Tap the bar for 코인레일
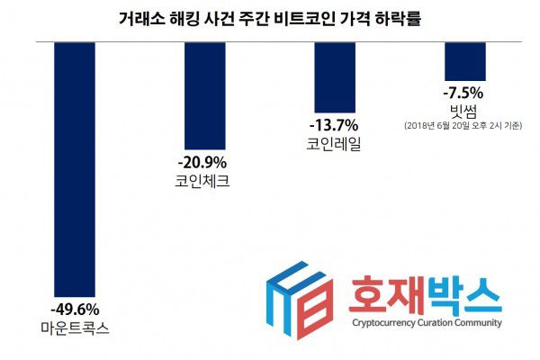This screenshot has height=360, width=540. coord(334,76)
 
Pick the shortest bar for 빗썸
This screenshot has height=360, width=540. coord(463,61)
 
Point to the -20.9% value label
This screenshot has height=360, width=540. coord(202,162)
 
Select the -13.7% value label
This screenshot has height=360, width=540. coord(333,124)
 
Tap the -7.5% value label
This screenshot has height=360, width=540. coord(463,92)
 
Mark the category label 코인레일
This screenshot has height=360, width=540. coord(334,143)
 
